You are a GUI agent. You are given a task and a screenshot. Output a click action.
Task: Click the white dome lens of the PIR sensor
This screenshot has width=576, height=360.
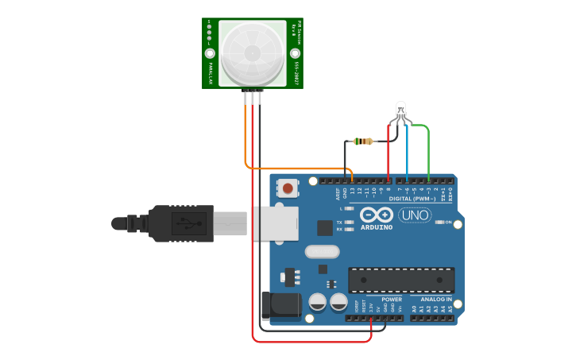coord(252,53)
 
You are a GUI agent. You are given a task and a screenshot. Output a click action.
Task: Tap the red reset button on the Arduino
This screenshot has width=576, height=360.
coord(287,188)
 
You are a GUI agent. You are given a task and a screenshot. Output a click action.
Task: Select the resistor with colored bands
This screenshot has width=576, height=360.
coord(365,141)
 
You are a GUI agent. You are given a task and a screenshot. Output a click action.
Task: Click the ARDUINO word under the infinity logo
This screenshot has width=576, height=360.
coord(377,227)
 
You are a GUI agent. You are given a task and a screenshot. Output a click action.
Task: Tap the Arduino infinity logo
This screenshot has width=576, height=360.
coord(377,215)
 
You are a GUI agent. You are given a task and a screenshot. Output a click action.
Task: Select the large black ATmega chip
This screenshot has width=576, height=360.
coord(401,280)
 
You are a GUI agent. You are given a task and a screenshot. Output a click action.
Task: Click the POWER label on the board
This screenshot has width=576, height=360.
coord(391,300)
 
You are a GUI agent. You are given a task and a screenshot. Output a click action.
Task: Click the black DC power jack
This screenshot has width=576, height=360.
coord(280,306)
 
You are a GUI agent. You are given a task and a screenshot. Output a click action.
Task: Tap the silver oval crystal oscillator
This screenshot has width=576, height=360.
coord(322,252)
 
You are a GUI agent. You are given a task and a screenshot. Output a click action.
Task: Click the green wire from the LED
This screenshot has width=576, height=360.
coord(429,151)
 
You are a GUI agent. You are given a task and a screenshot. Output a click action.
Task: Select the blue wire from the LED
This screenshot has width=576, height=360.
coord(407,151)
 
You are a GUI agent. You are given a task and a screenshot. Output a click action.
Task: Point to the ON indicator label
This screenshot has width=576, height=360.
coord(448,222)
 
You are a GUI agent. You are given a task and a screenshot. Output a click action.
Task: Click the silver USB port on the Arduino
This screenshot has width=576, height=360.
coord(274,223)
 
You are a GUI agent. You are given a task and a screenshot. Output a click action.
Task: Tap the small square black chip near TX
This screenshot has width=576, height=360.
coord(325,228)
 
